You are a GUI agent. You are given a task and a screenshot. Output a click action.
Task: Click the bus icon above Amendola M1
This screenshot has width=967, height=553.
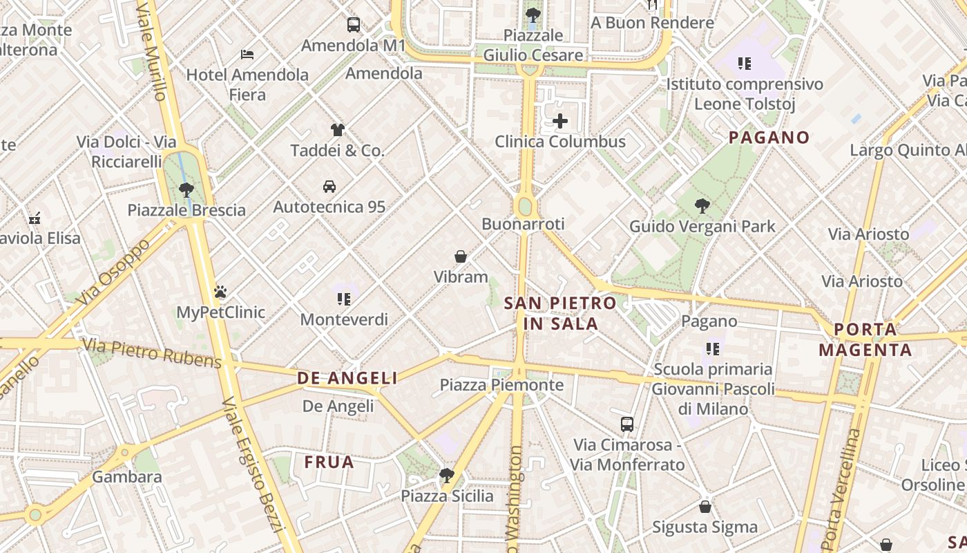point(354,25)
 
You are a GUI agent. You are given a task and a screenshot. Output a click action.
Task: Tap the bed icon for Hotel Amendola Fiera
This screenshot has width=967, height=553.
point(247,54)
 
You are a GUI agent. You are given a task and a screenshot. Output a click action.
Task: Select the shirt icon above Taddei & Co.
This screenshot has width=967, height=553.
point(337,129)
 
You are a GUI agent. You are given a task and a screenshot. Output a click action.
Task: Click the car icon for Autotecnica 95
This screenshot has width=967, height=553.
point(329,186)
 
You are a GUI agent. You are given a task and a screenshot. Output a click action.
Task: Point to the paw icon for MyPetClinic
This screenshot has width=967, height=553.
point(220,292)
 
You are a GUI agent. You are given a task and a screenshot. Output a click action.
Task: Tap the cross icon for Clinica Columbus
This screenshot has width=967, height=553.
point(560,122)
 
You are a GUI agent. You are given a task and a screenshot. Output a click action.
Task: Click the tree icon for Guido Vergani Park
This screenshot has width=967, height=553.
point(702,205)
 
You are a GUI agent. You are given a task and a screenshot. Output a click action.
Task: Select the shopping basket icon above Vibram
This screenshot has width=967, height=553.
point(461,256)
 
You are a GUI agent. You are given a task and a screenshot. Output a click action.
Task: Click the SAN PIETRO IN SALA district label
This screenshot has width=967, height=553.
point(560,313)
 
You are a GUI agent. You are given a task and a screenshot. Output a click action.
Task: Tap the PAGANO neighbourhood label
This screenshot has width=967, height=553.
point(769,138)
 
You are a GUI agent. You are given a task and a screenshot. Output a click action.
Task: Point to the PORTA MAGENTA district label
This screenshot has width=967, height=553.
point(865,339)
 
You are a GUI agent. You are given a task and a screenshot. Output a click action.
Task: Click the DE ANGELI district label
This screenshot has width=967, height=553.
point(347,378)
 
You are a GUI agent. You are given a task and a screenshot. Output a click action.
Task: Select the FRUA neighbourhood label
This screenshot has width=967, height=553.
point(329,462)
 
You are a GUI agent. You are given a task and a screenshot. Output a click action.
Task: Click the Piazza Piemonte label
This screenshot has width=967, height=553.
point(501,385)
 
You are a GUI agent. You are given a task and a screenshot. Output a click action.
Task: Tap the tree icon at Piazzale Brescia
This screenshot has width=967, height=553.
point(186,189)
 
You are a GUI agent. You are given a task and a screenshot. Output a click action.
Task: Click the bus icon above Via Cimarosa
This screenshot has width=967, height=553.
point(627,424)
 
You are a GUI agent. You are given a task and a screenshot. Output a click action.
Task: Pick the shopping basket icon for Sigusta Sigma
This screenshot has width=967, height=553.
point(705,507)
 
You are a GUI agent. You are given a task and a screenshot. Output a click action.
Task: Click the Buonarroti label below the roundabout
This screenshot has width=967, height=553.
point(523,224)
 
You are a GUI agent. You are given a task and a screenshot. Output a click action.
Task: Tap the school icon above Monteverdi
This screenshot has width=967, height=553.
point(344,299)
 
